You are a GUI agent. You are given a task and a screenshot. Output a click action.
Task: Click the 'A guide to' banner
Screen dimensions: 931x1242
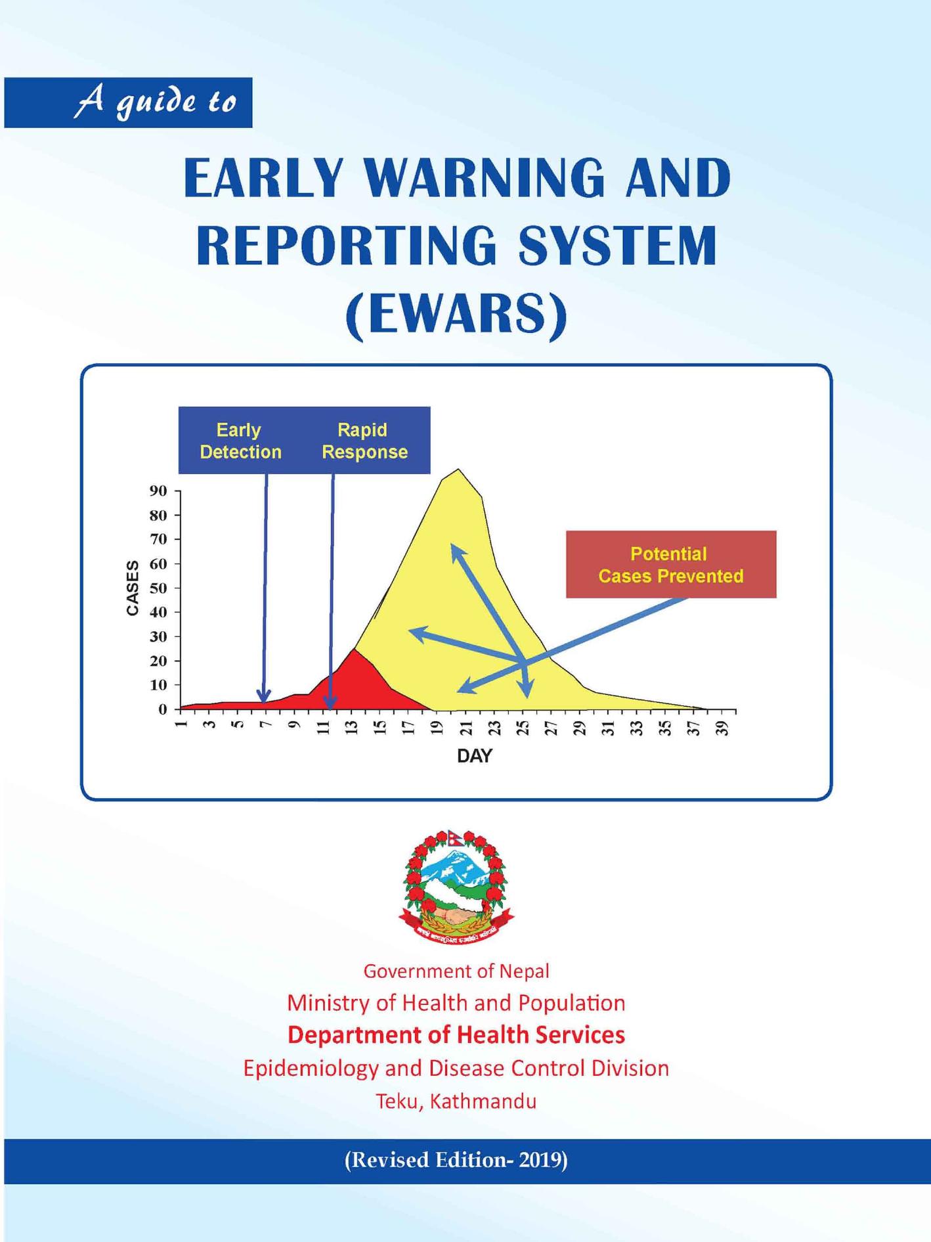[x=128, y=102]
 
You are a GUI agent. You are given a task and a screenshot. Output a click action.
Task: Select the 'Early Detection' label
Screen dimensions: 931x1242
[x=240, y=441]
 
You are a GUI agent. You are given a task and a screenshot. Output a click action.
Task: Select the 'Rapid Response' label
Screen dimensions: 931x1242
[x=364, y=441]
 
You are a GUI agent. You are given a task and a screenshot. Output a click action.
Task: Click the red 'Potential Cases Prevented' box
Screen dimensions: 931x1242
[x=671, y=564]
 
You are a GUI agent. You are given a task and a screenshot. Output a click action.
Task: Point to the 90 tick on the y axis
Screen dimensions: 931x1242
[x=158, y=491]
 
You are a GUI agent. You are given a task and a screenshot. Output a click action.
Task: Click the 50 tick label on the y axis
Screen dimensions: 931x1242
[x=158, y=588]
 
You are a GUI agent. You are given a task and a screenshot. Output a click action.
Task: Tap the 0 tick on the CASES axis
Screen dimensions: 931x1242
[x=162, y=709]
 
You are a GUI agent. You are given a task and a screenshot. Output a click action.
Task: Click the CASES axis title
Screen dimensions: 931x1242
[x=133, y=588]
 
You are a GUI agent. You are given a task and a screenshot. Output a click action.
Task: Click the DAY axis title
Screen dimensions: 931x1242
[x=474, y=756]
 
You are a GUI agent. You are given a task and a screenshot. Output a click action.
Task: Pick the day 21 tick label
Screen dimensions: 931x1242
[x=466, y=728]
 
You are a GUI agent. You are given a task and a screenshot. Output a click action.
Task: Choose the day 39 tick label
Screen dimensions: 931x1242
[x=722, y=728]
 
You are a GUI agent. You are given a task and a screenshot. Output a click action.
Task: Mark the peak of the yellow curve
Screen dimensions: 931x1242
[x=458, y=469]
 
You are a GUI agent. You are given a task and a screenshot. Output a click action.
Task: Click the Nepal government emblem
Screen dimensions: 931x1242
[x=456, y=887]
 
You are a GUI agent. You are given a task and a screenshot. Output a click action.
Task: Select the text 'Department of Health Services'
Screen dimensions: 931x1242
[x=456, y=1035]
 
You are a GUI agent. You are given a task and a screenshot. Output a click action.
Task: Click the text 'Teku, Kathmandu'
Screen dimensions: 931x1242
[x=456, y=1101]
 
